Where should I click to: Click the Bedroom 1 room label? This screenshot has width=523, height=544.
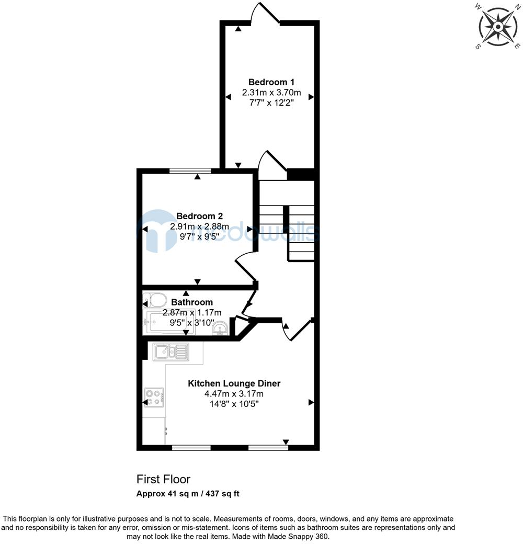(271, 82)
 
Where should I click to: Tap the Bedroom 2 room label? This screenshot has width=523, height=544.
(199, 216)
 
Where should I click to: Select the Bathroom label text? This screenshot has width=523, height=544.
(192, 302)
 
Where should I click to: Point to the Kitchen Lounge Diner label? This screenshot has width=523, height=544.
(234, 383)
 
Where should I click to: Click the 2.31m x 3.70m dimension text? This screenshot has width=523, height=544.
(271, 93)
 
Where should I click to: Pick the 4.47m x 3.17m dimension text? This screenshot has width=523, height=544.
(234, 394)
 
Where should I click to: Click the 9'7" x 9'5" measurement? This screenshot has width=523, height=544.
(199, 237)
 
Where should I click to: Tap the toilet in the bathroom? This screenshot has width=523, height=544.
(155, 300)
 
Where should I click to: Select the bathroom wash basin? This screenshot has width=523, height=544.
(220, 328)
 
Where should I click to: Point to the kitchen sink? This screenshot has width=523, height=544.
(171, 352)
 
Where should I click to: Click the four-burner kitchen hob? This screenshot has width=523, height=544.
(154, 398)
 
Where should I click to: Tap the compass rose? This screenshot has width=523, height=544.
(498, 27)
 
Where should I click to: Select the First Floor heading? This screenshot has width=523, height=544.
(163, 479)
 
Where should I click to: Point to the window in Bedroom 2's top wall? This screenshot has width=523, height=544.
(190, 171)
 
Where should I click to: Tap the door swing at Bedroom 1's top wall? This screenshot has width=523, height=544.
(265, 13)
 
